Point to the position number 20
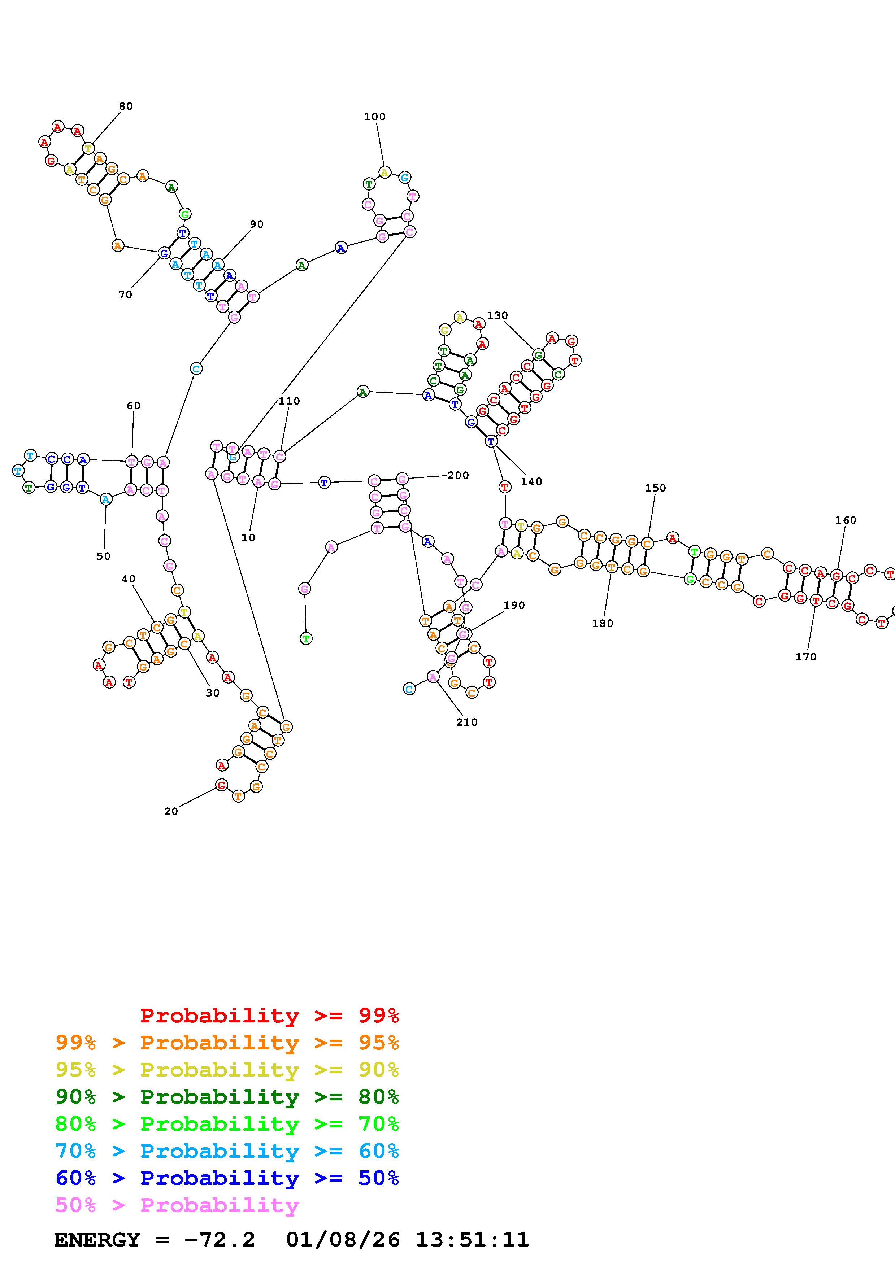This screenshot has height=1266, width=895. (171, 811)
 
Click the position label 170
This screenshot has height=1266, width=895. (806, 657)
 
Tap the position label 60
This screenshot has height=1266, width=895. (134, 406)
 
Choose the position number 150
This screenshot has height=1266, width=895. (655, 488)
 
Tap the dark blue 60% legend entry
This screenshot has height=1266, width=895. (227, 1178)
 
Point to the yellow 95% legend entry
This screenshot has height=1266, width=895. (227, 1070)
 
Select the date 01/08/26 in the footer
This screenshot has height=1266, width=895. (343, 1240)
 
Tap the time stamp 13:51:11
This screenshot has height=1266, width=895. (472, 1240)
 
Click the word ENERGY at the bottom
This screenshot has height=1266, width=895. (97, 1240)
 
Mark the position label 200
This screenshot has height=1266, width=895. (458, 475)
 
